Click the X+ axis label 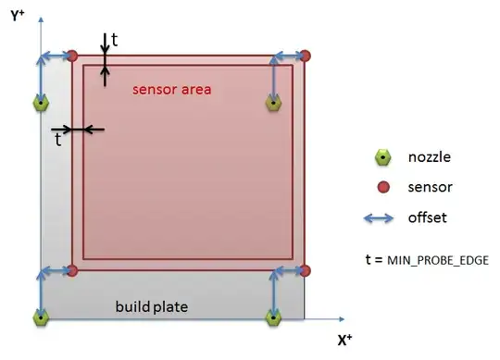[x=344, y=341]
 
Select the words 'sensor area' [x=172, y=90]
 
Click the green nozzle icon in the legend [x=383, y=157]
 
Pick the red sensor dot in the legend [x=383, y=187]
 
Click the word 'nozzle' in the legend [x=429, y=157]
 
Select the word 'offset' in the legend [x=427, y=218]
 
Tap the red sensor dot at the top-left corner [x=73, y=56]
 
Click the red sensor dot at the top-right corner [x=306, y=56]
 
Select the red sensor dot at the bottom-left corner [x=73, y=270]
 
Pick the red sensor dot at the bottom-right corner [x=306, y=270]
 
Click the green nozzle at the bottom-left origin [x=41, y=317]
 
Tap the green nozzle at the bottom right [x=273, y=317]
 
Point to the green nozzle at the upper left [x=41, y=104]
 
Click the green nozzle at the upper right [x=273, y=104]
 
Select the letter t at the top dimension [x=114, y=39]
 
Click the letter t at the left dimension [x=58, y=140]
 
